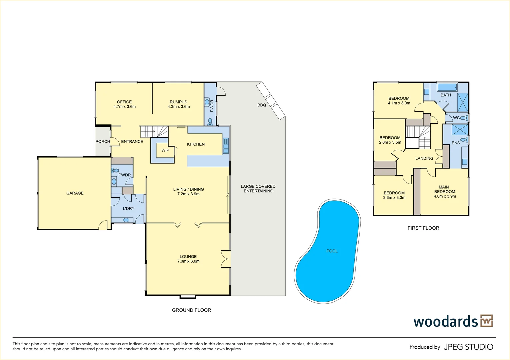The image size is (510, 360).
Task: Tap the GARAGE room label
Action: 75,193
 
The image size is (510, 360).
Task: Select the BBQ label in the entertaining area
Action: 262,105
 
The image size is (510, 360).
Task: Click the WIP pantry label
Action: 165,150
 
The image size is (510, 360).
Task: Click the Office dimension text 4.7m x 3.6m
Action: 124,107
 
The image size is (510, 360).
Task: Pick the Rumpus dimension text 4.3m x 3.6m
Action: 179,107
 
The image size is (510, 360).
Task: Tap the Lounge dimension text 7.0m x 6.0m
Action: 188,261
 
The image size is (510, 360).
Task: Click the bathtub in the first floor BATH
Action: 447,87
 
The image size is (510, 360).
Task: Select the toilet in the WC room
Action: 464,118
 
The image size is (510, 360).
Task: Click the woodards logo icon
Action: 486,321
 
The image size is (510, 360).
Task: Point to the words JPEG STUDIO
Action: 468,347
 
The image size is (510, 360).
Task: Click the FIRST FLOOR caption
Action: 423,228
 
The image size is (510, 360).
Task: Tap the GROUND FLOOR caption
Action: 191,310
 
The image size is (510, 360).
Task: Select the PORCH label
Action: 103,141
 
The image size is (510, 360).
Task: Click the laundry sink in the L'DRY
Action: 126,220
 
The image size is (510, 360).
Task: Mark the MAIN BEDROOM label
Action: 444,189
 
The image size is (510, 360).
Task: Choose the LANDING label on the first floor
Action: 424,158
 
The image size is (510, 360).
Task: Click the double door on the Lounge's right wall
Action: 226,259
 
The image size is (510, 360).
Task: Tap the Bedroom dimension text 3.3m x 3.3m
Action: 394,198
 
